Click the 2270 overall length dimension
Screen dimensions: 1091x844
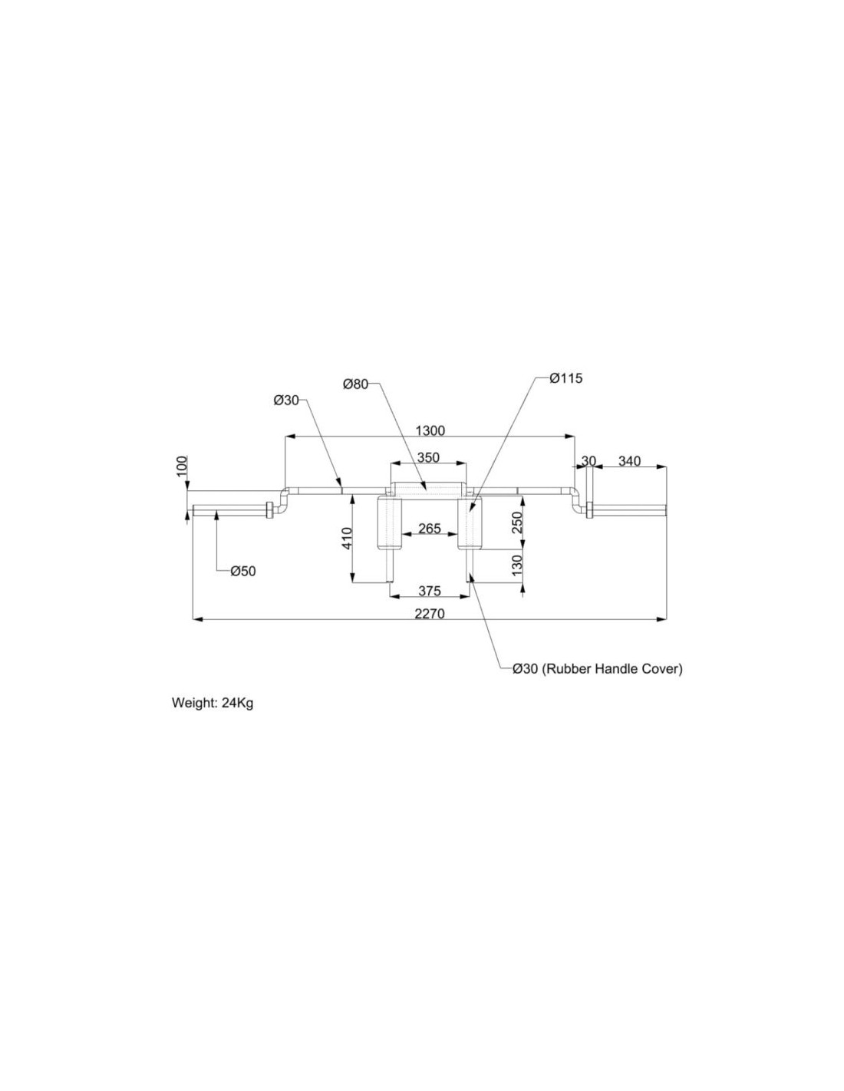click(x=430, y=613)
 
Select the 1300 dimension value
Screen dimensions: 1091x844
click(x=430, y=430)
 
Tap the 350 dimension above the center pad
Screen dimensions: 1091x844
click(x=427, y=457)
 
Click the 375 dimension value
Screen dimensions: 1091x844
click(x=430, y=591)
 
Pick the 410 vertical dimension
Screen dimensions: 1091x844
click(x=347, y=538)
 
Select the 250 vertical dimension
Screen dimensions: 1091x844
click(x=517, y=522)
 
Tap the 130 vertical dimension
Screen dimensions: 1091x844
click(x=517, y=566)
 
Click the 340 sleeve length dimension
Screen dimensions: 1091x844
click(x=629, y=461)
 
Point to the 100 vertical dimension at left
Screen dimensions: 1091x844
click(x=182, y=466)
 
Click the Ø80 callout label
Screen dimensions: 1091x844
click(x=356, y=384)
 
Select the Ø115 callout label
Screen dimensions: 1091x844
click(x=566, y=378)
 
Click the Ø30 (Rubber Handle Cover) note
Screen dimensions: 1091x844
click(x=597, y=668)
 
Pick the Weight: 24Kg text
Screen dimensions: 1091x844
click(x=213, y=703)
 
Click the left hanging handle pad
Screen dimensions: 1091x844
click(x=390, y=522)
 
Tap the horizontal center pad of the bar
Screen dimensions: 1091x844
click(x=428, y=489)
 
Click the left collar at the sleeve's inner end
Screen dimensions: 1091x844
click(x=269, y=509)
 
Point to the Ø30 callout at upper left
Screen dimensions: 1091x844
click(x=286, y=400)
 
